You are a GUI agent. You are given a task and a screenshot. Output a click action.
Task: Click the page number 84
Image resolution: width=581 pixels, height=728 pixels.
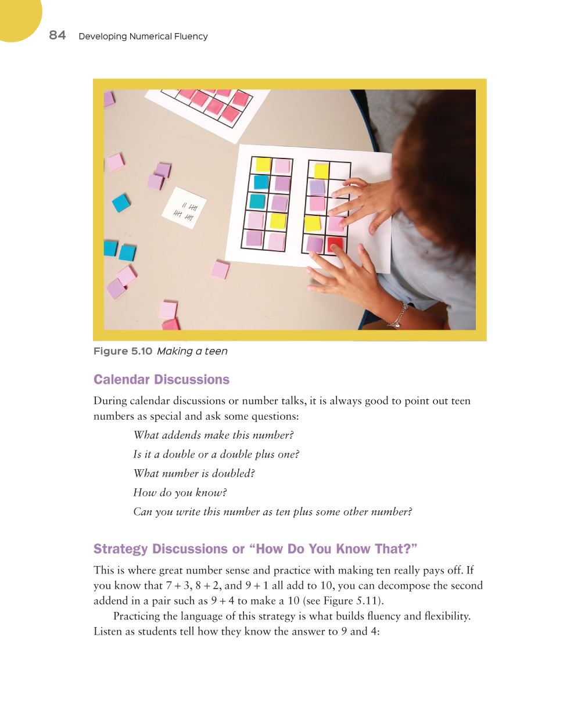[x=57, y=35]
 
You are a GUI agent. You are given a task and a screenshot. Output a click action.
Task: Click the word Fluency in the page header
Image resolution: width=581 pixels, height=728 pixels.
[x=190, y=36]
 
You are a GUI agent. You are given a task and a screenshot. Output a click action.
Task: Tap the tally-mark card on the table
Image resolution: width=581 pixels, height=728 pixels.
[x=184, y=208]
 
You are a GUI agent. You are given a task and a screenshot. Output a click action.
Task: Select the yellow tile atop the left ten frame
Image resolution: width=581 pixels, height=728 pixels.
[x=263, y=165]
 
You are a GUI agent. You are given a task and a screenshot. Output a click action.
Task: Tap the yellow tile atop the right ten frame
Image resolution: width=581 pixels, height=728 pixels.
[x=321, y=171]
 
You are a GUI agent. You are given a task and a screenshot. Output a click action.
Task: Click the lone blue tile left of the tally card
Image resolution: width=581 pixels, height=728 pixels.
[x=121, y=203]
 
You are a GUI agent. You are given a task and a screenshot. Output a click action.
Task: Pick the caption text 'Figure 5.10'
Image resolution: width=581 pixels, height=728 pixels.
[x=123, y=351]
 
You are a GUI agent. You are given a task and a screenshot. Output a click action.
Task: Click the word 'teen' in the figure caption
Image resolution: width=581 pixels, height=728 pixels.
[x=216, y=351]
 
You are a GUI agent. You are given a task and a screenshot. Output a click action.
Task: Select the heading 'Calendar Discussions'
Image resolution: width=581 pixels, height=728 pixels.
[x=162, y=380]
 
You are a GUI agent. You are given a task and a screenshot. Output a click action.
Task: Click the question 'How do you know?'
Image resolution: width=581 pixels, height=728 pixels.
[x=180, y=493]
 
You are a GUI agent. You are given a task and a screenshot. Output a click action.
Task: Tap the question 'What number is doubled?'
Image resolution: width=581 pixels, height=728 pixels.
[x=194, y=474]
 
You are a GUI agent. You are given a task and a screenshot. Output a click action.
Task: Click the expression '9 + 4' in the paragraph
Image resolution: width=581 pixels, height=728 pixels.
[x=223, y=601]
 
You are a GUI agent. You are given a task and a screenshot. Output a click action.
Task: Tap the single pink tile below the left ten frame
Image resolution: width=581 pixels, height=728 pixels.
[x=220, y=270]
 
